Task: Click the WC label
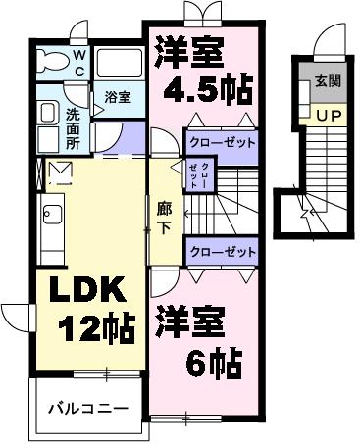[80, 64]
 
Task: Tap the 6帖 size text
[215, 365]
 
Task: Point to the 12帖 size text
[95, 329]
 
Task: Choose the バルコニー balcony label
[88, 406]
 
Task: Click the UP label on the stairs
[327, 116]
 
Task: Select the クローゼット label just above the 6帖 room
[221, 252]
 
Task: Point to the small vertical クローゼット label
[205, 176]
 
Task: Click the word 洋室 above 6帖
[188, 323]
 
